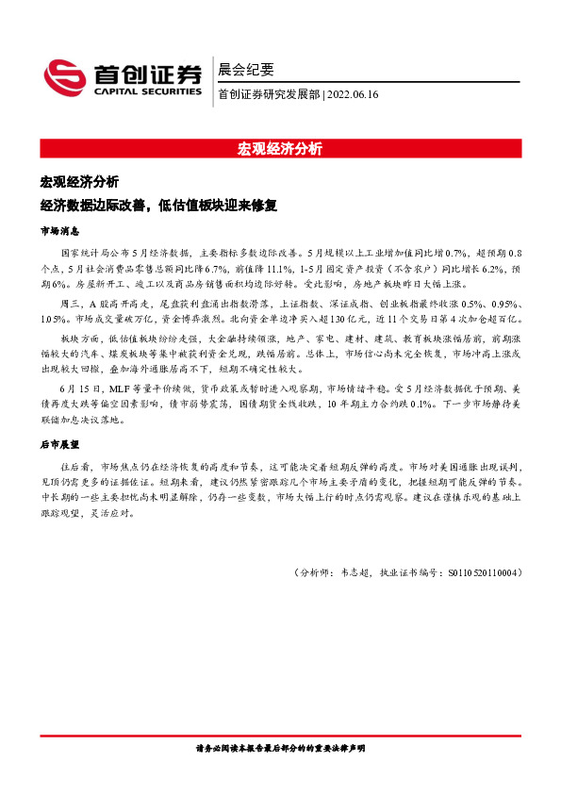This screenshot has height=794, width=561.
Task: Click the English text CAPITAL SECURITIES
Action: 148,92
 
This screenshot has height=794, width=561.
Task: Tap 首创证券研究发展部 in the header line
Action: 269,94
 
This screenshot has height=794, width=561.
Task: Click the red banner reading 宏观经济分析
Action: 280,148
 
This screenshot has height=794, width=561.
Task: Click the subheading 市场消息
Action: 59,230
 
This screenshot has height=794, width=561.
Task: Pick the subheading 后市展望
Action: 59,442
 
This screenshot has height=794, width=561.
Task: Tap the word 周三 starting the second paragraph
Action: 70,305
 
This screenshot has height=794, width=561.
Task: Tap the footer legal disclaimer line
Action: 280,747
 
